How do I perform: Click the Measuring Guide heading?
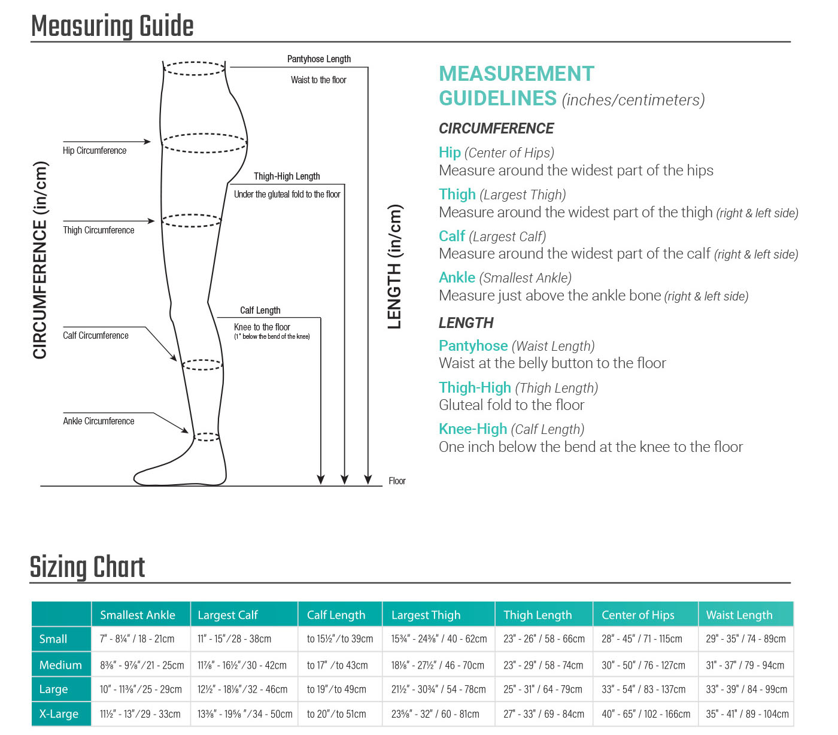point(113,26)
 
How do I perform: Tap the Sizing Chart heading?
point(87,567)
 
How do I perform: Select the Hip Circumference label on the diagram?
point(95,151)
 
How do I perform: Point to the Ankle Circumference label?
point(99,421)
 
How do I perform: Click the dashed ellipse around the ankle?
point(207,437)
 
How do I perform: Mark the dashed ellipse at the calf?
point(202,365)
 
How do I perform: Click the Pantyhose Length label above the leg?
point(319,59)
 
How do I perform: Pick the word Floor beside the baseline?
point(397,481)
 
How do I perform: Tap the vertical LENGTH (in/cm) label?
point(394,267)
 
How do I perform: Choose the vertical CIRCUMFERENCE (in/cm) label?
point(40,260)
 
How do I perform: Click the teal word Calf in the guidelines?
point(452,236)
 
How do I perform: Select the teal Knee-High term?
point(473,429)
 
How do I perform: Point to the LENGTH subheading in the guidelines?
point(466,323)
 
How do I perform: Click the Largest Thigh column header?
point(426,615)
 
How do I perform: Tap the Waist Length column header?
point(739,615)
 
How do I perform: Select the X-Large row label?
point(59,714)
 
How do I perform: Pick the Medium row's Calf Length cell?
point(338,666)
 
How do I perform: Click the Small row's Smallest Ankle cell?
point(137,639)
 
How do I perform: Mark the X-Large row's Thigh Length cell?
point(544,714)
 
